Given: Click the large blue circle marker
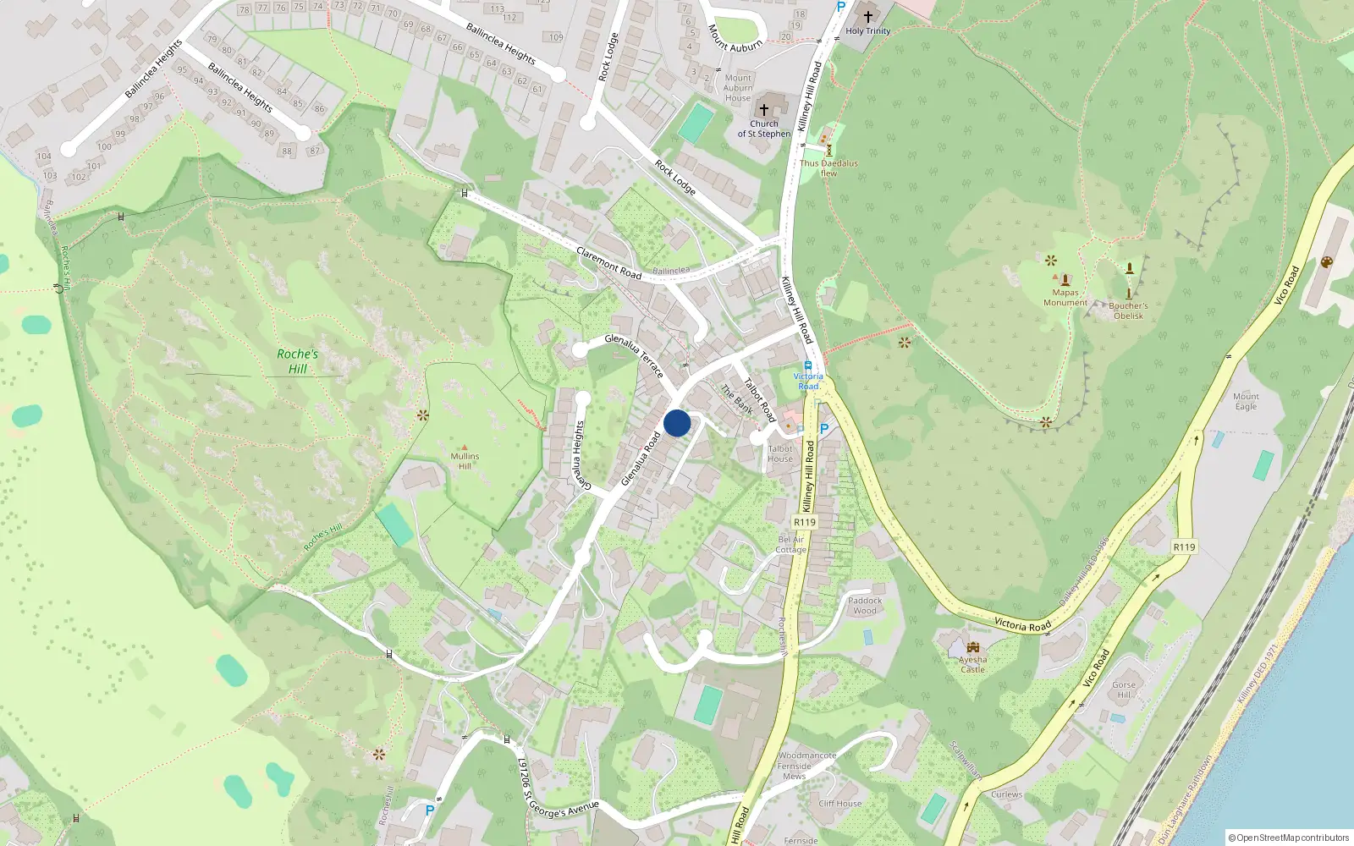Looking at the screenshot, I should [677, 422].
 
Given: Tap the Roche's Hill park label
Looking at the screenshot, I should [297, 361].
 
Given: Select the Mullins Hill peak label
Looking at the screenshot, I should [465, 461].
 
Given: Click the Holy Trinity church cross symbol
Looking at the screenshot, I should [867, 17].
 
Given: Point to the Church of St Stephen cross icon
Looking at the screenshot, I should [763, 109].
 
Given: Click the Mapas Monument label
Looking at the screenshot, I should [1065, 298].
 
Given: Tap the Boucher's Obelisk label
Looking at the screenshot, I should [1128, 310].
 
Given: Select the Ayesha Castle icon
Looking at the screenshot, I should [972, 647].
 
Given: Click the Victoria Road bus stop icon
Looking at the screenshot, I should [808, 365].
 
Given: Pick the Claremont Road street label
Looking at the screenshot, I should [608, 262].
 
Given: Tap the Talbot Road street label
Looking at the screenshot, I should [759, 399].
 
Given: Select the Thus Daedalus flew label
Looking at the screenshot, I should [828, 168].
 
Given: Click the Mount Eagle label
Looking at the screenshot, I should [1246, 401].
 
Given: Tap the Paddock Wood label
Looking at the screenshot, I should [865, 606].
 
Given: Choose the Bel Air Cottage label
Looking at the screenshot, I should [791, 544].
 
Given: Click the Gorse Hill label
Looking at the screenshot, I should [1124, 689].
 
